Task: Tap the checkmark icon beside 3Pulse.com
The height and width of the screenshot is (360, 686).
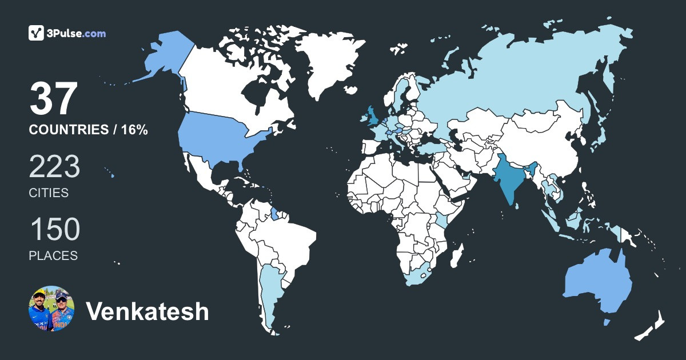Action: pyautogui.click(x=36, y=33)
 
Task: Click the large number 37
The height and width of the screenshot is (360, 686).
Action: pyautogui.click(x=53, y=98)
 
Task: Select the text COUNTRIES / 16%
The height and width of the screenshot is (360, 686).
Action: pyautogui.click(x=89, y=130)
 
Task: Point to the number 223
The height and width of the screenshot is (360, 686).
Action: pyautogui.click(x=54, y=167)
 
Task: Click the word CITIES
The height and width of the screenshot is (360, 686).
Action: pyautogui.click(x=49, y=193)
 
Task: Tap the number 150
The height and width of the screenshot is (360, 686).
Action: pyautogui.click(x=54, y=230)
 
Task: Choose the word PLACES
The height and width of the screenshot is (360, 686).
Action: pyautogui.click(x=53, y=256)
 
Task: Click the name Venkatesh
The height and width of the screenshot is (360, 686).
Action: pyautogui.click(x=147, y=311)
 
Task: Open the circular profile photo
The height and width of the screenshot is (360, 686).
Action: pyautogui.click(x=51, y=309)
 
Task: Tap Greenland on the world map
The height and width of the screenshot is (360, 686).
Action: pyautogui.click(x=326, y=63)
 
